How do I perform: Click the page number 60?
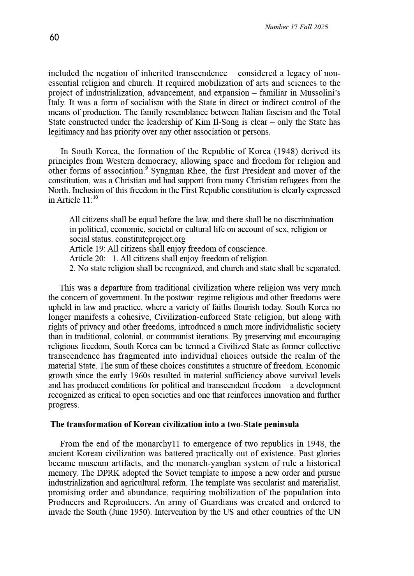click(x=54, y=37)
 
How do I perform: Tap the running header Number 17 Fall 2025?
click(x=296, y=27)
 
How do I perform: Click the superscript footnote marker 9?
click(x=146, y=168)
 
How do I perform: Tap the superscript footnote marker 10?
click(x=95, y=198)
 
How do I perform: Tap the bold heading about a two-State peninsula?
click(x=174, y=424)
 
